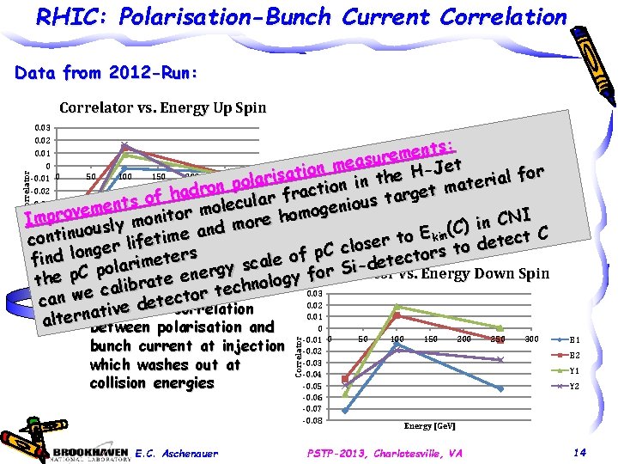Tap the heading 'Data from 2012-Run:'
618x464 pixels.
point(107,74)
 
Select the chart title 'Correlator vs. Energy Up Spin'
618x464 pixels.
point(162,108)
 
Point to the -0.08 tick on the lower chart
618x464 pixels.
point(313,420)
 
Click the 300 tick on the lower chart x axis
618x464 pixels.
point(531,340)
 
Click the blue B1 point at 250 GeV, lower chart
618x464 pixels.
point(500,388)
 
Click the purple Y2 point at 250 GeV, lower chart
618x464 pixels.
point(500,359)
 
